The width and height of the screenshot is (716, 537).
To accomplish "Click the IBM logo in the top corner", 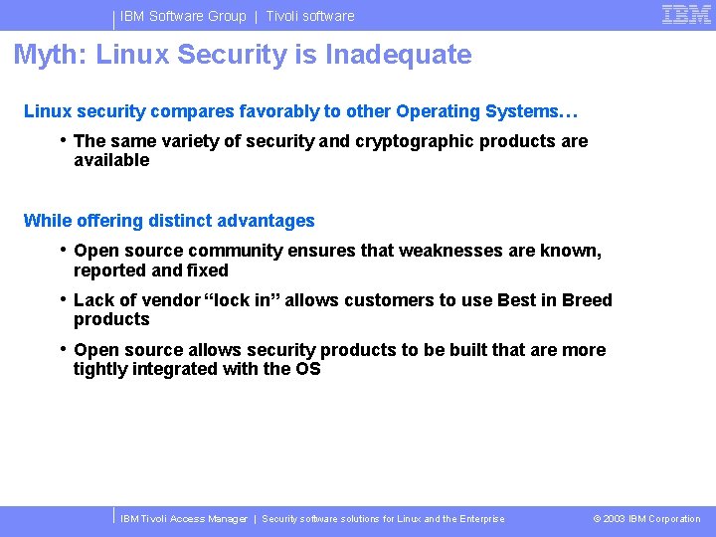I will pyautogui.click(x=686, y=14).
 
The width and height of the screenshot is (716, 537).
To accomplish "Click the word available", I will pyautogui.click(x=111, y=160).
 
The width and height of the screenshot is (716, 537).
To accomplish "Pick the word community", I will pyautogui.click(x=236, y=251).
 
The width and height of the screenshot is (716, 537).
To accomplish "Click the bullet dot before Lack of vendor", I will pyautogui.click(x=63, y=298).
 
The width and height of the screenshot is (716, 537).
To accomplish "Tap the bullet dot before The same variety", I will pyautogui.click(x=63, y=139).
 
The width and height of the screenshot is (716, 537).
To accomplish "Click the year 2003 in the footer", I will pyautogui.click(x=615, y=518).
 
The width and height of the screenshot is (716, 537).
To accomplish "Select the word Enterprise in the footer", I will pyautogui.click(x=481, y=518).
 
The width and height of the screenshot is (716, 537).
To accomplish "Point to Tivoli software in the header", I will pyautogui.click(x=309, y=16).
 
